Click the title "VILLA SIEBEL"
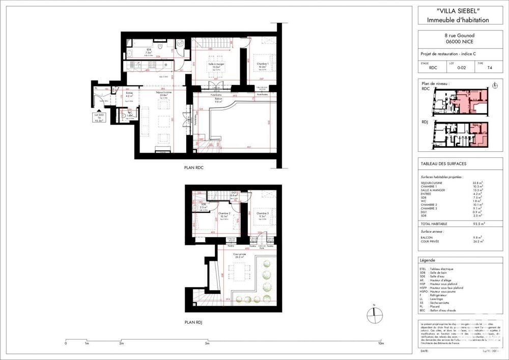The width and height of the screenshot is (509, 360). [x=453, y=11]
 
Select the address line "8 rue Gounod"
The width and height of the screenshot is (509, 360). [x=453, y=36]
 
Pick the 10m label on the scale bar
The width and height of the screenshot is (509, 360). [x=380, y=344]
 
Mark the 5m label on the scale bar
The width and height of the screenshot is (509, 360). [x=207, y=344]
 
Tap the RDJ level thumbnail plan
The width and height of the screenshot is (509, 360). [x=460, y=135]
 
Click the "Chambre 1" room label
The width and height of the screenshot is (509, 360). [x=263, y=64]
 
